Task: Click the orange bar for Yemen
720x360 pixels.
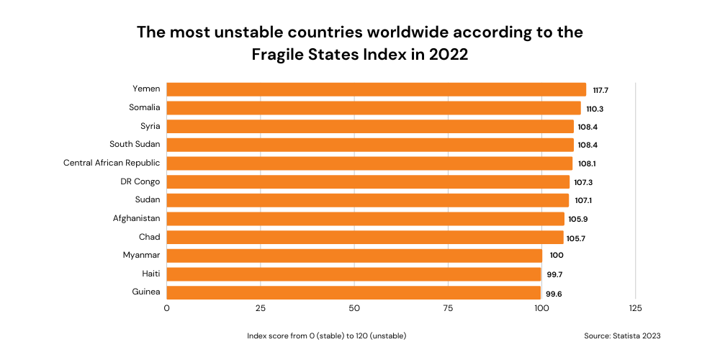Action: click(x=376, y=89)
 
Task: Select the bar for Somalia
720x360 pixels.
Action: click(x=373, y=108)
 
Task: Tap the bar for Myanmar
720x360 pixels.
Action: click(x=354, y=256)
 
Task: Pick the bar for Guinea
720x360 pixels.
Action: click(x=354, y=292)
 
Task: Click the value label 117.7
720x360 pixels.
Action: click(x=601, y=90)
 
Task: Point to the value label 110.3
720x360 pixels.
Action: click(x=595, y=109)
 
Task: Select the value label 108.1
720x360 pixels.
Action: click(x=587, y=164)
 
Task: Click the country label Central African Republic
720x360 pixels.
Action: click(x=112, y=163)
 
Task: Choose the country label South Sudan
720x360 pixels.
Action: click(x=135, y=144)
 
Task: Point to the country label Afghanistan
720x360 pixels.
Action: click(x=137, y=218)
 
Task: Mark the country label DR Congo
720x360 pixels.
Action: click(x=140, y=181)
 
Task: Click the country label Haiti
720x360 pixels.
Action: click(x=150, y=274)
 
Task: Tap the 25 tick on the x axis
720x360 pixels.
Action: click(x=261, y=308)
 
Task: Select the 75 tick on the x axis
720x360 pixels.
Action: click(x=448, y=308)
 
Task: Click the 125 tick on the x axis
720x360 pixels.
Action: click(x=635, y=308)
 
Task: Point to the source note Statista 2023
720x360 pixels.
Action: click(x=622, y=336)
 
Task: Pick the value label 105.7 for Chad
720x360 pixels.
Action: click(x=575, y=238)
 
